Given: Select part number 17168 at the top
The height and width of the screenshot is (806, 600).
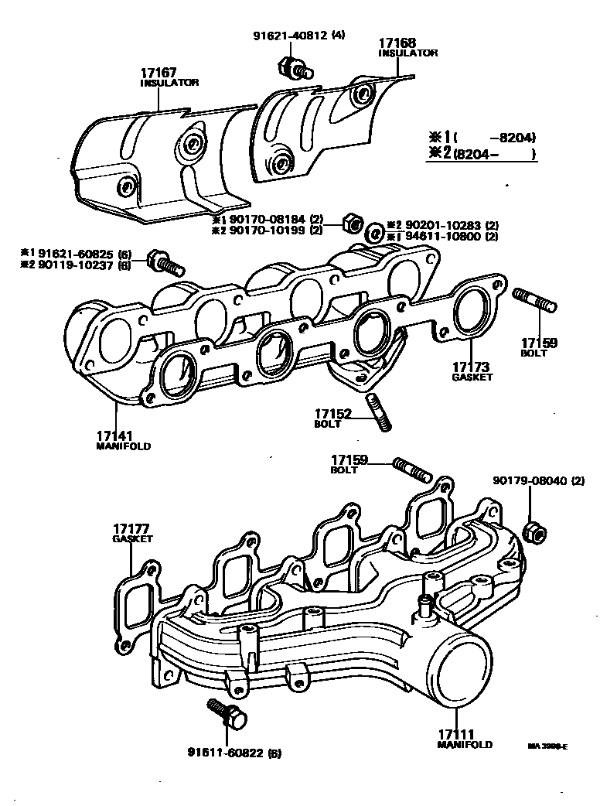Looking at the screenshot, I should [x=397, y=43].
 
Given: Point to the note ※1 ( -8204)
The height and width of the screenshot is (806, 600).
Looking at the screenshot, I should [x=482, y=138].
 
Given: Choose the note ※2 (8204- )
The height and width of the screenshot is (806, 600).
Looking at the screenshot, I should [x=482, y=153].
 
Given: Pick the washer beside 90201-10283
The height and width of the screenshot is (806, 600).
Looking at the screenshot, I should [x=373, y=231].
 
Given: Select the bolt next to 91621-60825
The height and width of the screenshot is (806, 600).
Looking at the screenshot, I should [x=165, y=263].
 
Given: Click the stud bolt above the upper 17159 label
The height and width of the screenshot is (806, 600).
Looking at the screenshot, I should [x=533, y=300].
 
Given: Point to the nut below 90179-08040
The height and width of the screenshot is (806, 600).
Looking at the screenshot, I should [x=533, y=533].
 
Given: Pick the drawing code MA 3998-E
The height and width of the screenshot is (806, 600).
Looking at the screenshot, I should [x=547, y=746].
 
